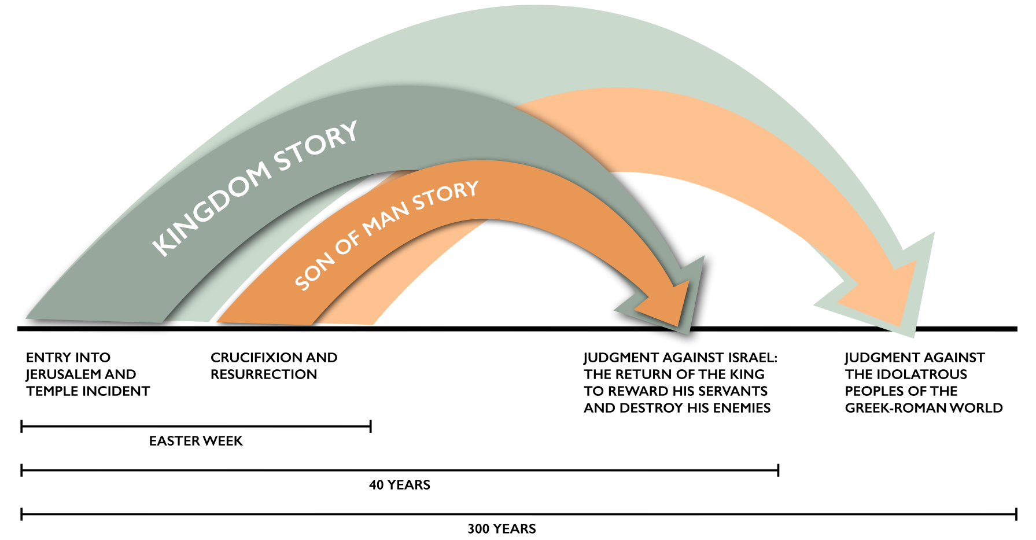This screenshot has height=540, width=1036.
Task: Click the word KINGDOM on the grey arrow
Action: pyautogui.click(x=211, y=208)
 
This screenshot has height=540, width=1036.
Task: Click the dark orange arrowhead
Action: pyautogui.click(x=665, y=301)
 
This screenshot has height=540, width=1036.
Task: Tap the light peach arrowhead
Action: pyautogui.click(x=885, y=295)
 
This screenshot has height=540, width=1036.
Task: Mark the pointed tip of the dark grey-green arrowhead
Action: pyautogui.click(x=690, y=334)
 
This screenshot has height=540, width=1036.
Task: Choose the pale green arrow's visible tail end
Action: pyautogui.click(x=186, y=321)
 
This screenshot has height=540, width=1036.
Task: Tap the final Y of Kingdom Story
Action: pyautogui.click(x=348, y=133)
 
